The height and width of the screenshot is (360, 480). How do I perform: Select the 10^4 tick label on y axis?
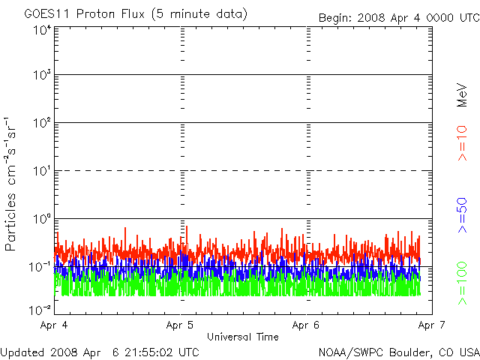(41, 30)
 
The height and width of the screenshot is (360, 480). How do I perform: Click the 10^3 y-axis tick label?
(41, 76)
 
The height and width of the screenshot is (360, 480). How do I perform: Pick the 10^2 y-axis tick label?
(41, 124)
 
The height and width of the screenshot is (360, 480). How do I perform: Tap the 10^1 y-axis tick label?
(41, 172)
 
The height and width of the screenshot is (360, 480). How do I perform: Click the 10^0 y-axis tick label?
(41, 220)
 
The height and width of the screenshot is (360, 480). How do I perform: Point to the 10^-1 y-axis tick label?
(40, 267)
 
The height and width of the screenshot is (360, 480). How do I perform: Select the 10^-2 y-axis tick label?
(40, 308)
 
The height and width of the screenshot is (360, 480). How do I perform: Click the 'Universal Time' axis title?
(242, 337)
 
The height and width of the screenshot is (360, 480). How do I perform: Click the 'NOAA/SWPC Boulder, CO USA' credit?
(398, 352)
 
